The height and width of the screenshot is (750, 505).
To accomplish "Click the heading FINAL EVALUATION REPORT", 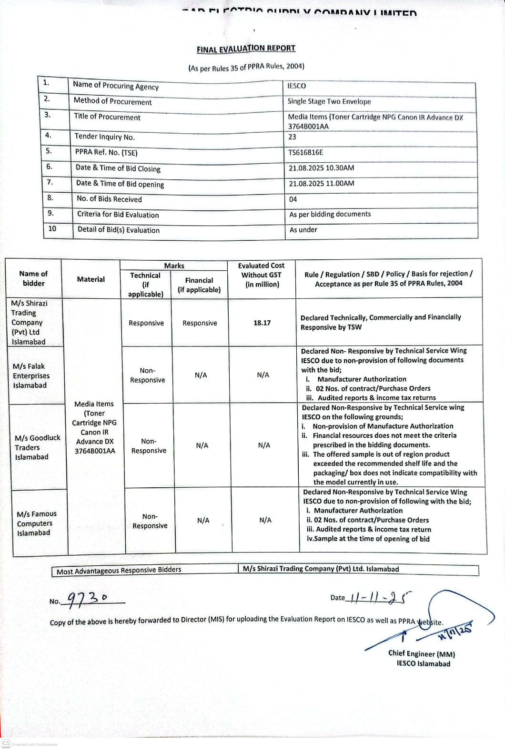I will click(x=246, y=49).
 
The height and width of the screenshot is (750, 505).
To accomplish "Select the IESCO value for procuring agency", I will click(x=297, y=86).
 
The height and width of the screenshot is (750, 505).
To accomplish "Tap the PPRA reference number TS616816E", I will click(x=305, y=152).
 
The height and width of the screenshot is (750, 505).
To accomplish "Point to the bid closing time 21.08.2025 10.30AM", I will click(x=321, y=168).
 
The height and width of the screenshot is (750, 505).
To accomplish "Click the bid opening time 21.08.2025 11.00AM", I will click(x=321, y=183).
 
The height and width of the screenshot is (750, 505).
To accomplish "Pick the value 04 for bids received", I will click(x=293, y=199).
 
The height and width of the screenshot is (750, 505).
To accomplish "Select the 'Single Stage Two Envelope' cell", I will click(x=329, y=101).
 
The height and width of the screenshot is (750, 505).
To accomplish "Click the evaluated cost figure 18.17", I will click(x=262, y=323).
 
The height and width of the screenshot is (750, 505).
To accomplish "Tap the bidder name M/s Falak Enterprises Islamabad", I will click(x=31, y=375).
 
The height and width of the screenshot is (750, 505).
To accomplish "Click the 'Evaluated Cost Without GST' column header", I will click(x=262, y=275).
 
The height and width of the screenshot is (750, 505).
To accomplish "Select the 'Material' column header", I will click(x=91, y=279).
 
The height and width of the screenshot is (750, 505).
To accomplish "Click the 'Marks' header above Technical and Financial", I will click(x=174, y=266).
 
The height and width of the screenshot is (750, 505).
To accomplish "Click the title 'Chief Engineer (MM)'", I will click(x=422, y=654).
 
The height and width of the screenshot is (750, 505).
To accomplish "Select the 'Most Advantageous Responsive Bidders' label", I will click(x=119, y=570).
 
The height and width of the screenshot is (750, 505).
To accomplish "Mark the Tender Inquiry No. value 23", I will click(x=292, y=137).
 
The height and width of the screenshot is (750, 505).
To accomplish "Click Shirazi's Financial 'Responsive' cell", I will click(x=200, y=323).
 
